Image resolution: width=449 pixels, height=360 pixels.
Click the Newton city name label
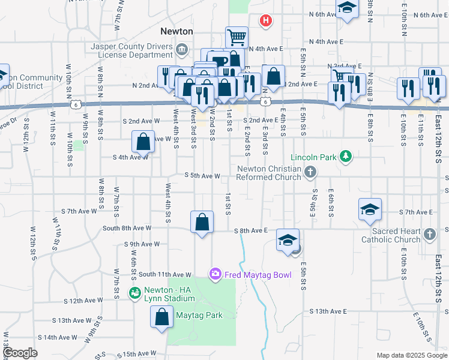pyautogui.click(x=176, y=31)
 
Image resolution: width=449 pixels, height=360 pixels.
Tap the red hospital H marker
pyautogui.click(x=266, y=22)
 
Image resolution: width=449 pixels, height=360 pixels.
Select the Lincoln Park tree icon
pyautogui.click(x=346, y=157)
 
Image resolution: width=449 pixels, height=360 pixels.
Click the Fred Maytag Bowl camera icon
pyautogui.click(x=215, y=274)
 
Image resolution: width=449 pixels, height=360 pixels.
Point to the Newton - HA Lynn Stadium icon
pyautogui.click(x=135, y=293)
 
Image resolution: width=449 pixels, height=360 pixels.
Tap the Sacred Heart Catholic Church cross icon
pyautogui.click(x=429, y=234)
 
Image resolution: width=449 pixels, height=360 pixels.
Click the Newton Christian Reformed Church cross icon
pyautogui.click(x=310, y=173)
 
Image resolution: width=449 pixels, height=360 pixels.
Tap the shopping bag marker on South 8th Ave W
pyautogui.click(x=202, y=221)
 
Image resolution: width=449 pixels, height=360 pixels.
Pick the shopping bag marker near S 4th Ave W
pyautogui.click(x=143, y=142)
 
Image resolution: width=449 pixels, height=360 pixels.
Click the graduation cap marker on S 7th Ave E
pyautogui.click(x=370, y=208)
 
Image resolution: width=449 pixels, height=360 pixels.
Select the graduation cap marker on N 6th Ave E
pyautogui.click(x=346, y=8)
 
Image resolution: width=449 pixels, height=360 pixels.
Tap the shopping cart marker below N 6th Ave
pyautogui.click(x=237, y=37)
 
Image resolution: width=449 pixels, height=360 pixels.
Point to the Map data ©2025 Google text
pyautogui.click(x=412, y=355)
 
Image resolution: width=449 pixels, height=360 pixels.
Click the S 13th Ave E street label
pyautogui.click(x=329, y=311)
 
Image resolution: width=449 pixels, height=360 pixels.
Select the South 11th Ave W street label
pyautogui.click(x=164, y=274)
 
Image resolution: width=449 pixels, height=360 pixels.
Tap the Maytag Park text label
pyautogui.click(x=199, y=315)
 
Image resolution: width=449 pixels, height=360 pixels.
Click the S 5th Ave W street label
pyautogui.click(x=203, y=176)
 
